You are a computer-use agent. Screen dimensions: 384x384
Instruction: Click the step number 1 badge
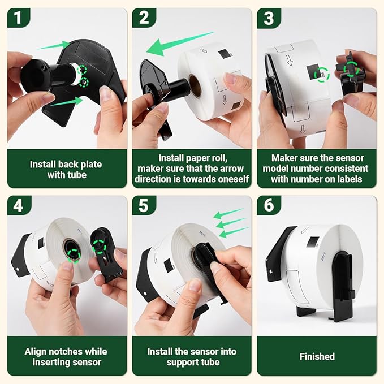point(18,18)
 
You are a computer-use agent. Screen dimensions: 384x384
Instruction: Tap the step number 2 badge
point(143,18)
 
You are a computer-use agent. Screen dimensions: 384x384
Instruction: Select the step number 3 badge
point(269,18)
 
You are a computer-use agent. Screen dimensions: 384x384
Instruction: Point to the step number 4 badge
point(18,205)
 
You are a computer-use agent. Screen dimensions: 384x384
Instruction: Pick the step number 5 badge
point(143,205)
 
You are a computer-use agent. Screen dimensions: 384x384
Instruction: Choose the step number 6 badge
point(269,205)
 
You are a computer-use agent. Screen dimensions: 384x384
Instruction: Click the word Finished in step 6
point(317,356)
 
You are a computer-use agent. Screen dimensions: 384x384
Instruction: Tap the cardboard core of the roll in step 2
point(195,85)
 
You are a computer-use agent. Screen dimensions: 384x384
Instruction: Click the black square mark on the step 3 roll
point(313,72)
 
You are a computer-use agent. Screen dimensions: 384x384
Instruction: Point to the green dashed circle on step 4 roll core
point(74,256)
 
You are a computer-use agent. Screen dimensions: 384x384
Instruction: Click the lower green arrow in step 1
point(67,101)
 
